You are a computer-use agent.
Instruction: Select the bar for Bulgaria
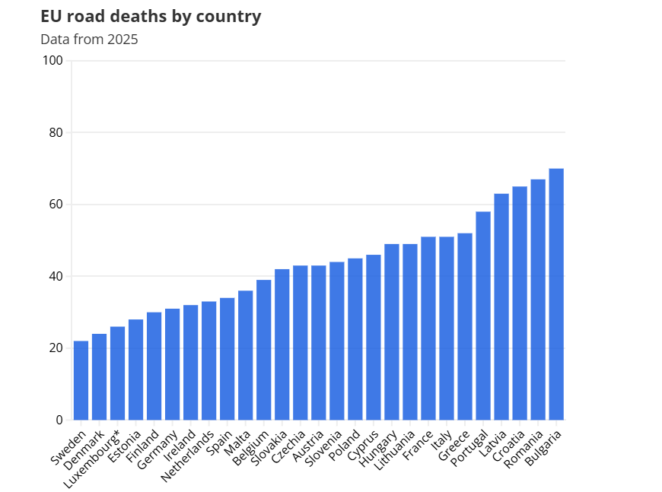556,294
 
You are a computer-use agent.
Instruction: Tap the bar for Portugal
483,316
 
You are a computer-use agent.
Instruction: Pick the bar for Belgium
264,350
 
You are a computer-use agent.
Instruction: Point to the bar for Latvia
501,306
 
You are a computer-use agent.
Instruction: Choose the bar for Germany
173,364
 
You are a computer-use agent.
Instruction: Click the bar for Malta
246,355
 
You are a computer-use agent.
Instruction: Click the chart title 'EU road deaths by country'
151,16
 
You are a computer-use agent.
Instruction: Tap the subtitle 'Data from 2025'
89,40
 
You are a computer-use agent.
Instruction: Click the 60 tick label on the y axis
56,205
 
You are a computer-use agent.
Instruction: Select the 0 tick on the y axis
59,420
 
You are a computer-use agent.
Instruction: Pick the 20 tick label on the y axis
56,348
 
